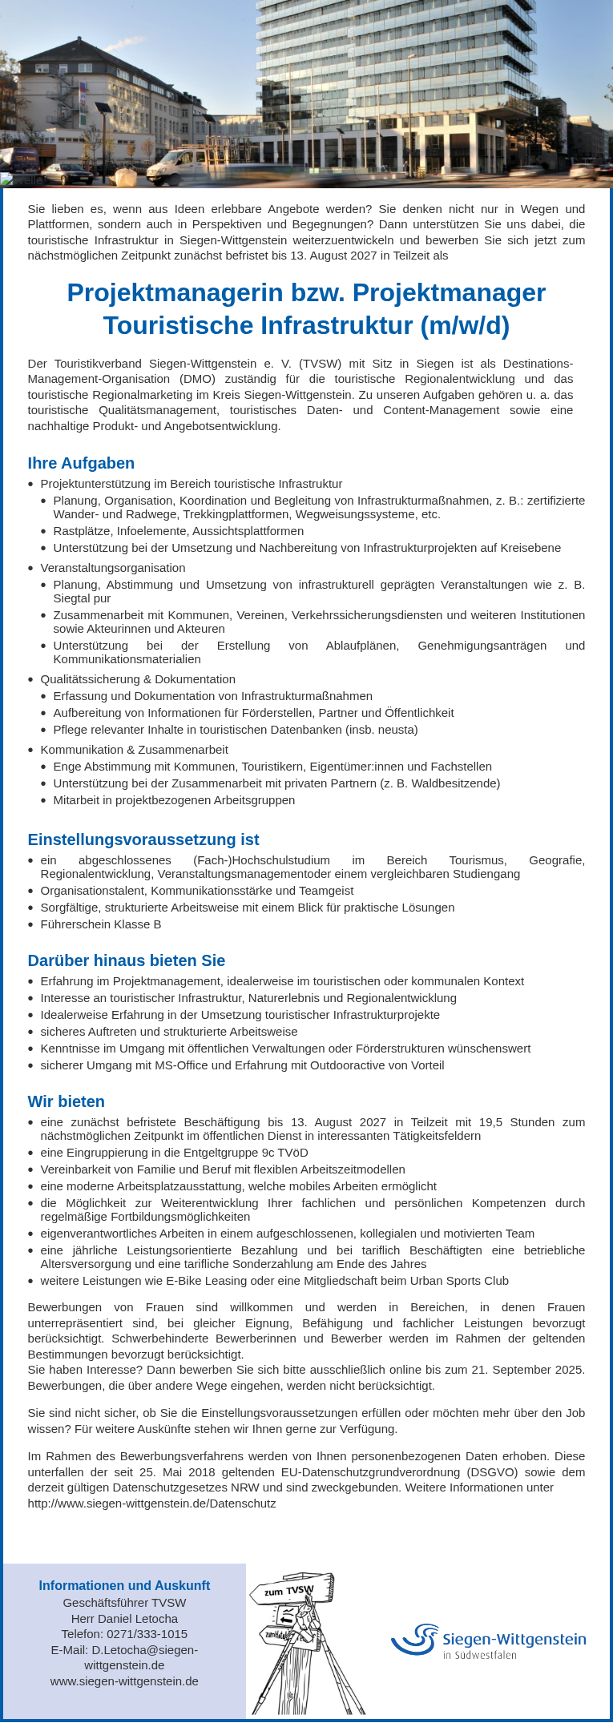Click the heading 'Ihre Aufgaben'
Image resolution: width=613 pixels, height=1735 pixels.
[x=81, y=463]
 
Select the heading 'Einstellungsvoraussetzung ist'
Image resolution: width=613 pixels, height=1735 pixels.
[x=143, y=839]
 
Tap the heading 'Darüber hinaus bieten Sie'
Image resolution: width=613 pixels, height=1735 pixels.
[x=127, y=960]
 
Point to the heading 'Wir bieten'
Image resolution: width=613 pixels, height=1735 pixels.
[x=67, y=1101]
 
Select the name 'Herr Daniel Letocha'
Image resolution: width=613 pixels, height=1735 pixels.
[x=124, y=1619]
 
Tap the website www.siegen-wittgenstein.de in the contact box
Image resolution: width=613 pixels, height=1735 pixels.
[x=124, y=1681]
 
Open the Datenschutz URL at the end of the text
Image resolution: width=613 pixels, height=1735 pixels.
[x=152, y=1504]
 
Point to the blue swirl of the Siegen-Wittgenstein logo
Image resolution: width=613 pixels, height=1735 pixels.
[x=415, y=1640]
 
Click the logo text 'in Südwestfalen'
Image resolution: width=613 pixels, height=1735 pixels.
[x=479, y=1655]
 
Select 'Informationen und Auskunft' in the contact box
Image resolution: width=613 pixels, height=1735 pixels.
[x=124, y=1586]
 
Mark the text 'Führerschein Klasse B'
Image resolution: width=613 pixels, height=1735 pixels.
[x=101, y=924]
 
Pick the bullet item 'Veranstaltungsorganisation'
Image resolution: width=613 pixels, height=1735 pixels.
[x=113, y=568]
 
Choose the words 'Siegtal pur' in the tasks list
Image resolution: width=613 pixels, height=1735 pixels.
[x=82, y=598]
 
